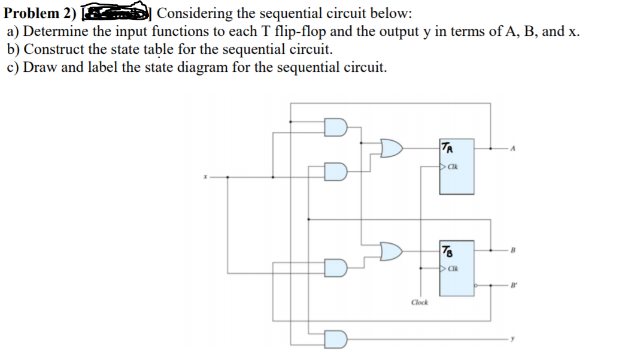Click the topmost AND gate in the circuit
click(x=335, y=127)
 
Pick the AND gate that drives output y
click(x=336, y=340)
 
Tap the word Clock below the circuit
click(x=419, y=302)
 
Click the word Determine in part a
click(x=54, y=31)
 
